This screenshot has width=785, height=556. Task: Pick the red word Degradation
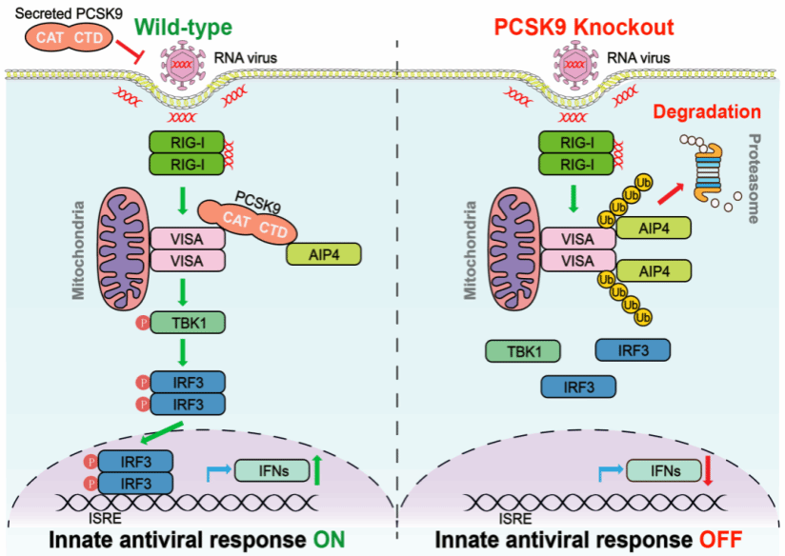tap(707, 112)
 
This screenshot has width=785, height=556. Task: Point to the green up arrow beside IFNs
tap(316, 470)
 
